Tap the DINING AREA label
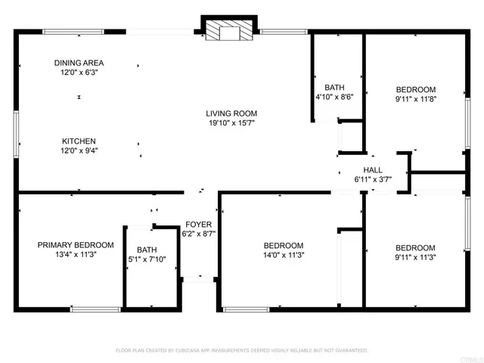pyautogui.click(x=79, y=63)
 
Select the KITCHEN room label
pyautogui.click(x=79, y=141)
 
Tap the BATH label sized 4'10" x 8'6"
pyautogui.click(x=334, y=87)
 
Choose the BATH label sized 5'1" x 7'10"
pyautogui.click(x=147, y=250)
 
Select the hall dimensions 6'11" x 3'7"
pyautogui.click(x=374, y=180)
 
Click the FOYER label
pyautogui.click(x=200, y=225)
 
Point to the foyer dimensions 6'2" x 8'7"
pyautogui.click(x=200, y=234)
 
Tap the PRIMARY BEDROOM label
pyautogui.click(x=76, y=245)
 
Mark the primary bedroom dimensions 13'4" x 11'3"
pyautogui.click(x=76, y=255)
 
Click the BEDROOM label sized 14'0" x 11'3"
pyautogui.click(x=283, y=246)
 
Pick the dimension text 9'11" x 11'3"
pyautogui.click(x=415, y=258)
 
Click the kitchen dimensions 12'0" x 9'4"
pyautogui.click(x=79, y=151)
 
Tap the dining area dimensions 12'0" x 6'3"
pyautogui.click(x=79, y=73)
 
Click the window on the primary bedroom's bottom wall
pyautogui.click(x=95, y=309)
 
